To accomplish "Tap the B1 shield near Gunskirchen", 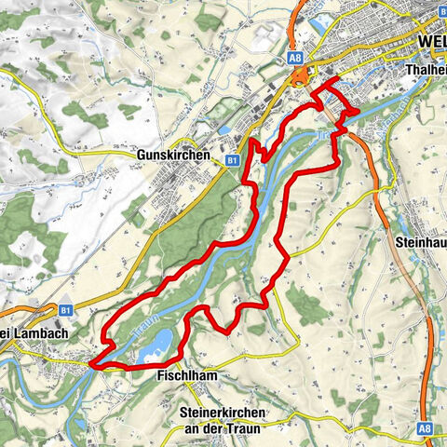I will point(229,160).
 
